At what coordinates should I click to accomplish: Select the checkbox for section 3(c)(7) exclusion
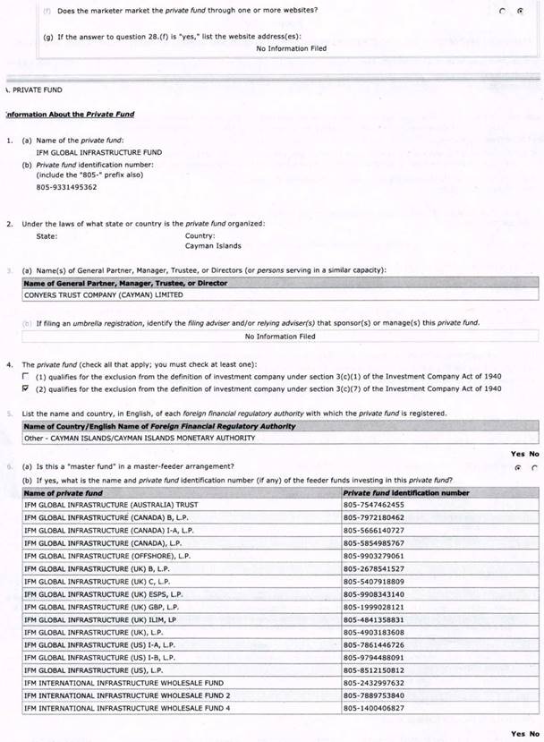[25, 388]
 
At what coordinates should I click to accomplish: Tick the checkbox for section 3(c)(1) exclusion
[25, 377]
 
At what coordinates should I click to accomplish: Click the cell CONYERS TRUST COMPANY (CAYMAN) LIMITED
[103, 294]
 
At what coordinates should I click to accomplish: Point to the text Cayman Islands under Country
[213, 246]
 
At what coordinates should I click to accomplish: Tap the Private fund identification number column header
[405, 492]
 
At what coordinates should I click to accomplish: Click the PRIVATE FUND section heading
[37, 90]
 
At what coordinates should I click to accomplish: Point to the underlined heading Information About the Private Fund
[70, 115]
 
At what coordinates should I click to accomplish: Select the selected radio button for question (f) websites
[521, 11]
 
